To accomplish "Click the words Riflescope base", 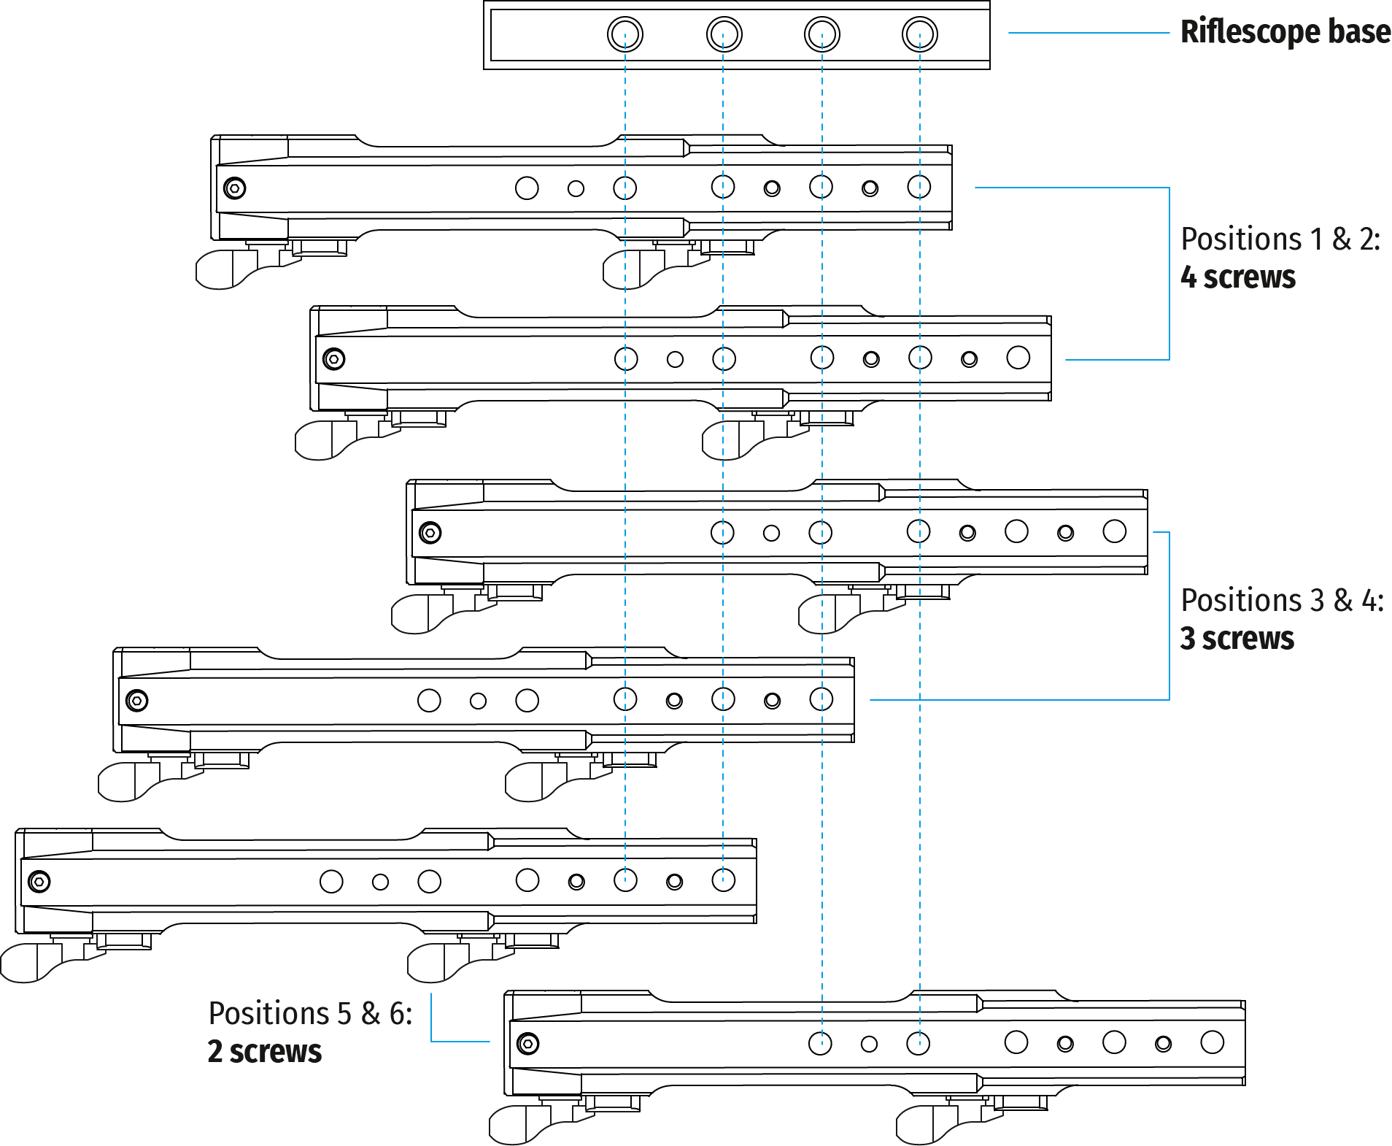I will (1285, 33).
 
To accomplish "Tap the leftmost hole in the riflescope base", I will (625, 34).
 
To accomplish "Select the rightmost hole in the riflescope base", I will (919, 34).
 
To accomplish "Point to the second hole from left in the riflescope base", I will (724, 34).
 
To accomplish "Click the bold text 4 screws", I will (1238, 277).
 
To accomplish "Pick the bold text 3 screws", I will (1237, 639).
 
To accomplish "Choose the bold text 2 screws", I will (265, 1052).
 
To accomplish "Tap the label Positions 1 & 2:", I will (1280, 239).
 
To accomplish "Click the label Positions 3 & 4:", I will (1282, 601).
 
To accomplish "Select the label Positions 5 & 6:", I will (310, 1014).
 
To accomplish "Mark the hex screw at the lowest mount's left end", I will (527, 1044).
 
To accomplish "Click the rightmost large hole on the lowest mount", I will (1212, 1042).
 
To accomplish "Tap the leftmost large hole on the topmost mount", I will (527, 188).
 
